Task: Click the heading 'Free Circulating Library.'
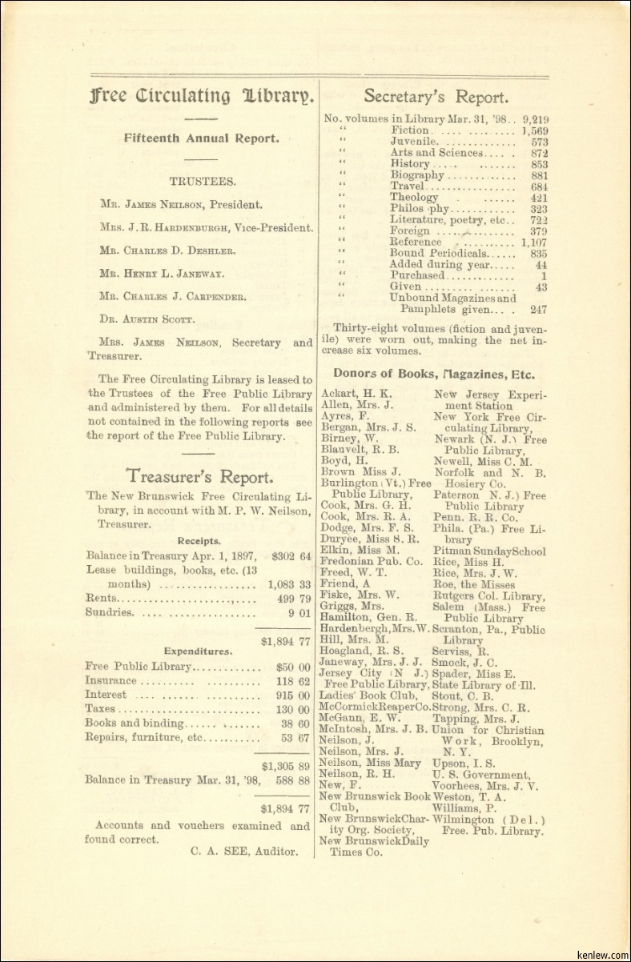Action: tap(202, 97)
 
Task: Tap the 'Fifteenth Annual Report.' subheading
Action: tap(201, 138)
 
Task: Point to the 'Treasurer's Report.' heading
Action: tap(199, 477)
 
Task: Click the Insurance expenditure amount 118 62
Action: tap(292, 681)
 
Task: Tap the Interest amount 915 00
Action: tap(292, 695)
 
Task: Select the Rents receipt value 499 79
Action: tap(293, 598)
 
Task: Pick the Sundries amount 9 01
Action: tap(299, 612)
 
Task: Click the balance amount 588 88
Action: tap(292, 779)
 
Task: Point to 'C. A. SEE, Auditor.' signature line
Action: tap(244, 852)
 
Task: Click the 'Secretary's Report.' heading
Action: tap(436, 97)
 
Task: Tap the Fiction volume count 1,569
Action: tap(534, 130)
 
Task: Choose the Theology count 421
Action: tap(539, 198)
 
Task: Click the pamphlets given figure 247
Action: tap(539, 309)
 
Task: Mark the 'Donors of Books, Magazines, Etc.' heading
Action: tap(434, 374)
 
